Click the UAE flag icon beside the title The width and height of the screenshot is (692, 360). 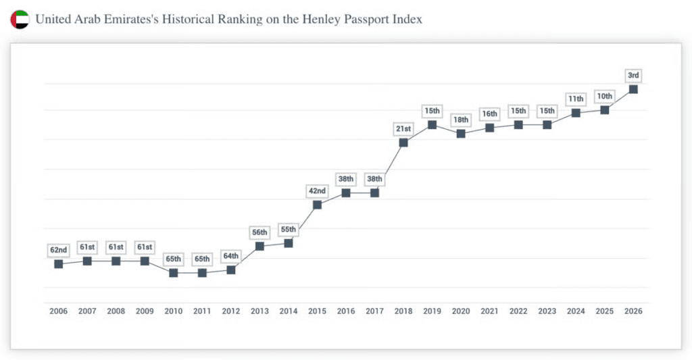point(20,20)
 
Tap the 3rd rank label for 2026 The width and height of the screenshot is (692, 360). point(633,74)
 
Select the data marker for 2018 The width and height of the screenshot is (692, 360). point(403,143)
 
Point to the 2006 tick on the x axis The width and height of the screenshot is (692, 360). point(58,311)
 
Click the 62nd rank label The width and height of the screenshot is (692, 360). point(58,250)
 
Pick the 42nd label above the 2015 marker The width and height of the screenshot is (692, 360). point(317,190)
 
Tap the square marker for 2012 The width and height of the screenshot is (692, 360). point(231,269)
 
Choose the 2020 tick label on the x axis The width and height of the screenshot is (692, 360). point(461,311)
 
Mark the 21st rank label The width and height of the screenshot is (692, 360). point(403,128)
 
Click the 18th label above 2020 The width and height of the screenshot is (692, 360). point(461,120)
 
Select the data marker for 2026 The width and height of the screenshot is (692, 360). point(633,89)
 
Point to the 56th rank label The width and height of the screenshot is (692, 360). point(259,232)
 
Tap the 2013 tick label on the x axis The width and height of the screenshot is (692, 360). point(259,311)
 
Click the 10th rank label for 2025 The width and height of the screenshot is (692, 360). point(605,96)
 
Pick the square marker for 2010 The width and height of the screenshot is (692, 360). point(174,273)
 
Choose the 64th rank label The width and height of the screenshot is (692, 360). point(231,256)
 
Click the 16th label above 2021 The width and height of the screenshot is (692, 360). point(490,113)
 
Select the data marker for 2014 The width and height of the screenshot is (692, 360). point(289,243)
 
